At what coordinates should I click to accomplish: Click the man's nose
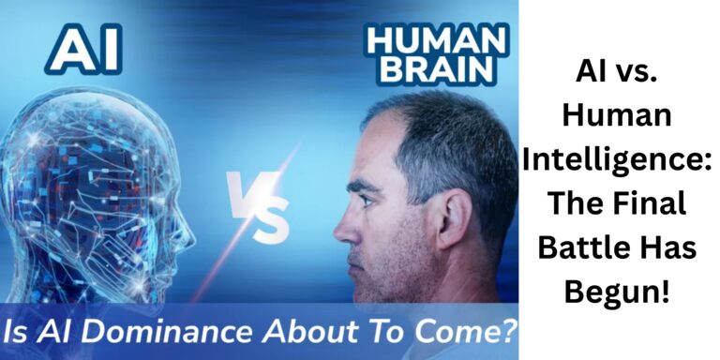coord(341,224)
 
